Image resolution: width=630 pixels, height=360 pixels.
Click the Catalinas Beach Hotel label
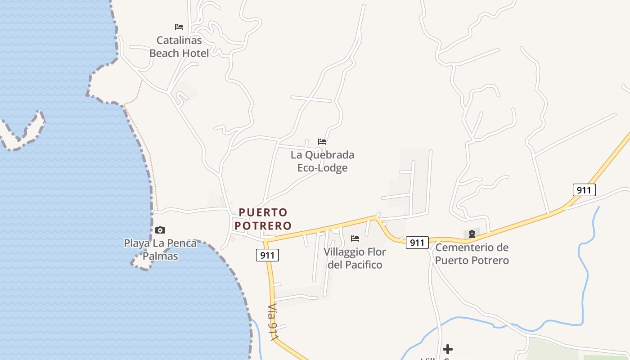coord(179,47)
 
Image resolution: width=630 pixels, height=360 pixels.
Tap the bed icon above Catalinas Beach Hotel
coord(179,27)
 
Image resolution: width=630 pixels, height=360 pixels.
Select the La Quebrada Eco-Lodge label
coord(322,161)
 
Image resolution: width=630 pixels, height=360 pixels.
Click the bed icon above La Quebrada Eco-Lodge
coord(322,142)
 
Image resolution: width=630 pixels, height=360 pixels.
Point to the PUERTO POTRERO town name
coord(265,219)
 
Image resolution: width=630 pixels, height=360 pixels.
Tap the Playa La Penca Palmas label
coord(160,250)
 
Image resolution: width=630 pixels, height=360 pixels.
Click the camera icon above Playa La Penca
coord(160,230)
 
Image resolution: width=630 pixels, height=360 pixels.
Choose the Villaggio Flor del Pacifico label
coord(355,258)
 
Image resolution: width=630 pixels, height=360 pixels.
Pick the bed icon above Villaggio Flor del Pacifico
coord(355,238)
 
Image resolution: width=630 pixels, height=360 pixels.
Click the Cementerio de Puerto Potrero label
coord(472,254)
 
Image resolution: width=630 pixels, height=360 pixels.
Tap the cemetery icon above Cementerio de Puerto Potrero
coord(472,234)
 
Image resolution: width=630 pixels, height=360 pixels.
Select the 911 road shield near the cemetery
coord(417,243)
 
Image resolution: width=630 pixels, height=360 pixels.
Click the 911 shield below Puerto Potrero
coord(267,256)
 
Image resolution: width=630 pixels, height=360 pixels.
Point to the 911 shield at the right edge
coord(584,190)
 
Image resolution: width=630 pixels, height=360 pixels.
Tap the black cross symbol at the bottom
coord(448,349)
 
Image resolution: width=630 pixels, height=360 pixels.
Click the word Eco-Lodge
coord(322,168)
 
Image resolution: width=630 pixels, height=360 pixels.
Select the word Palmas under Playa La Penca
coord(160,256)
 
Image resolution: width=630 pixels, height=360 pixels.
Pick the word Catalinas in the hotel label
coord(179,40)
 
